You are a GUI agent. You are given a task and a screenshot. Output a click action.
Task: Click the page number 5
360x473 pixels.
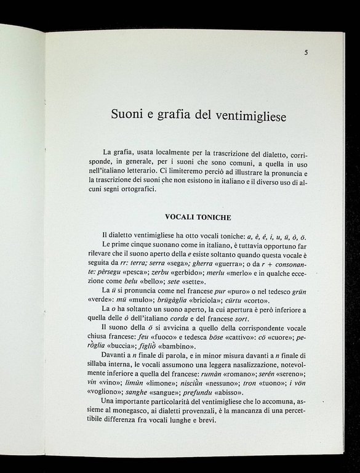pos(306,53)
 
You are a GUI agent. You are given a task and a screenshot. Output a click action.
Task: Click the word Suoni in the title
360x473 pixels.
pos(126,114)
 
